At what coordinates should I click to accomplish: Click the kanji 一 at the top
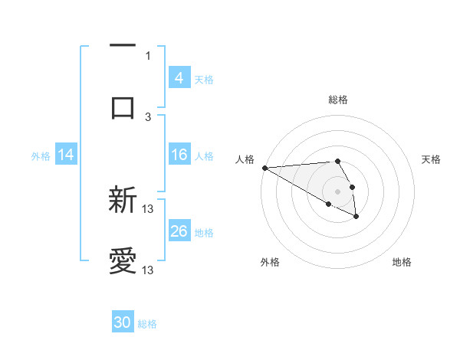point(123,46)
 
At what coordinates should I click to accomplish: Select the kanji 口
point(123,106)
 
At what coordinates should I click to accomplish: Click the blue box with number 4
point(179,77)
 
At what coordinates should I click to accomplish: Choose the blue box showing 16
point(179,155)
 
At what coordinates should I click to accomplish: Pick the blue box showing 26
point(179,231)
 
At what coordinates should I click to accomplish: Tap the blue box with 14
point(66,155)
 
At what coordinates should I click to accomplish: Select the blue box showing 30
point(123,322)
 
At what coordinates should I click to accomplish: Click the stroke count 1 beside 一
point(148,55)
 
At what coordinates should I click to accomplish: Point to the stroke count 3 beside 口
point(148,116)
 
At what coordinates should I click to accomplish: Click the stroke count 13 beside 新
point(148,209)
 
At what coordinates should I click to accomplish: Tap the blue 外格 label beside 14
point(41,155)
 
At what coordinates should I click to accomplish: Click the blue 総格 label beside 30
point(147,324)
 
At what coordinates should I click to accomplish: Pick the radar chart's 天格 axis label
point(431,159)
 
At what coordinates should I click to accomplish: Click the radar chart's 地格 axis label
point(402,262)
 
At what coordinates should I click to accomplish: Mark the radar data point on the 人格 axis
point(264,168)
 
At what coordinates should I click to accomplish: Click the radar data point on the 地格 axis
point(356,218)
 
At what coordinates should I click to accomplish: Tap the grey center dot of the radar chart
point(337,191)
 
